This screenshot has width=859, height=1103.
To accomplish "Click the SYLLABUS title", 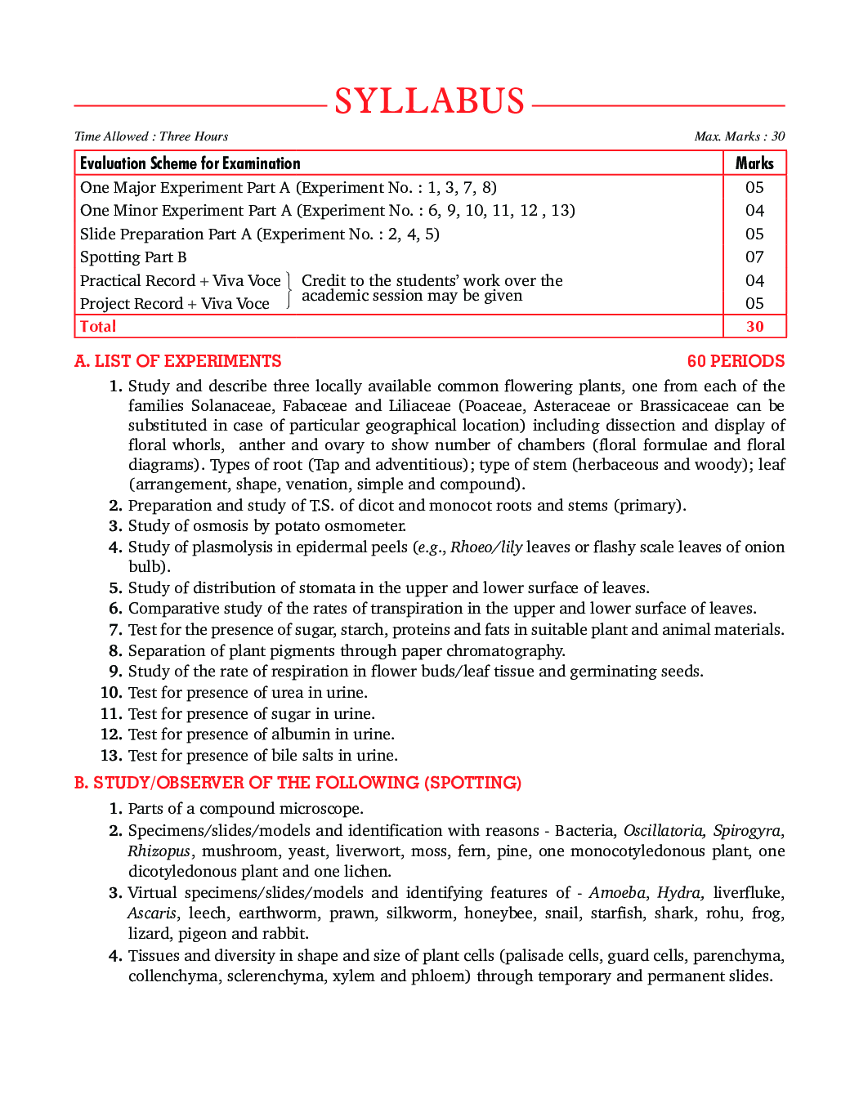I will pos(429,101).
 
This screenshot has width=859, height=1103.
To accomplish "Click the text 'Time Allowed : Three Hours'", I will pos(151,136).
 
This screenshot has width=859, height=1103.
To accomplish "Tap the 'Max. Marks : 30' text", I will pos(739,136).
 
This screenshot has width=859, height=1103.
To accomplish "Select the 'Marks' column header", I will pos(754,163).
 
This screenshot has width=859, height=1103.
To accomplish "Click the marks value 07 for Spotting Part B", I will pos(754,257).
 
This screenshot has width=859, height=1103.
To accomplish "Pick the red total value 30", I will pos(754,327).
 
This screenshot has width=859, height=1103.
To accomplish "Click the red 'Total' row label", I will pos(98,327).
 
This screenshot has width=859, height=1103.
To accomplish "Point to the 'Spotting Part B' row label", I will pos(133,257).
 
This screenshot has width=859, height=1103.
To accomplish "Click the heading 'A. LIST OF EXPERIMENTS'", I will pos(177,361).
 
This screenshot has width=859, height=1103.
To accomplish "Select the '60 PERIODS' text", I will pos(736,361).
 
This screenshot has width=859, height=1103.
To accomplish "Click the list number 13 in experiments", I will pos(111,756).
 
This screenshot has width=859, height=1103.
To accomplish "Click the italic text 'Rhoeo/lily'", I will pos(486,547).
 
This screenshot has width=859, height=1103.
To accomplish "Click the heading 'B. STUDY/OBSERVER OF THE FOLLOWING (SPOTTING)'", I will pos(298,783).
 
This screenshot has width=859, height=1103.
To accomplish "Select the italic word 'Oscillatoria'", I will pos(664,831).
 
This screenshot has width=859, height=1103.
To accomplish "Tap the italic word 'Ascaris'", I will pos(152,913).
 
